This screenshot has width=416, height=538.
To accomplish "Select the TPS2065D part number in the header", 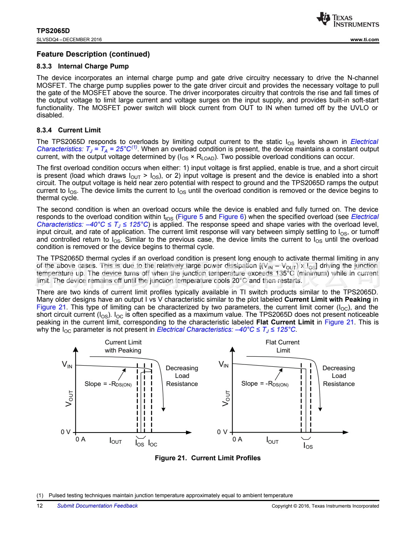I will pos(53,31).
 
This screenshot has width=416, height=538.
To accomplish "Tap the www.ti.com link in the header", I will pos(364,40).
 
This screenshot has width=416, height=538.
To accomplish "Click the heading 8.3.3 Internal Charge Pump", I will pos(82,66).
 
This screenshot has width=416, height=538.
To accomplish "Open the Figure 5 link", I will pos(190,217).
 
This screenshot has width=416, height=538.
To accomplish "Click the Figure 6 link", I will pos(231,217).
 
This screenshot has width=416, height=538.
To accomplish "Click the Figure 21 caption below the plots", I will pos(208,458).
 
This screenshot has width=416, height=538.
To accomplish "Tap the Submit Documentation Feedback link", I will pos(97,506).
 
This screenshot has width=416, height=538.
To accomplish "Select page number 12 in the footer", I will pos(40,506).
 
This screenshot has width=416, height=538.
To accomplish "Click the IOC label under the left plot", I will pos(153,444).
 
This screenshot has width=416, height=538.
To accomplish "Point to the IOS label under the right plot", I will pos(308,446).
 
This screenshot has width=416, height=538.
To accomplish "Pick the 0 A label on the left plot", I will pos(81,439).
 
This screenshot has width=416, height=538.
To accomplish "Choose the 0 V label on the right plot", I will pos(222,432).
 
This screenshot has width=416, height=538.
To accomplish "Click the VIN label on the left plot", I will pos(67,364).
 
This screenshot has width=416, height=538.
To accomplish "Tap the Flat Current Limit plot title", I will pos(282,346).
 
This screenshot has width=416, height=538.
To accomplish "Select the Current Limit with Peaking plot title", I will pos(123,346).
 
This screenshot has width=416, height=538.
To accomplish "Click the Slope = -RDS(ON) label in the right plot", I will pos(265,384).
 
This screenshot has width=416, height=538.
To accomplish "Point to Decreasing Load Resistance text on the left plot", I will pos(182,376).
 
